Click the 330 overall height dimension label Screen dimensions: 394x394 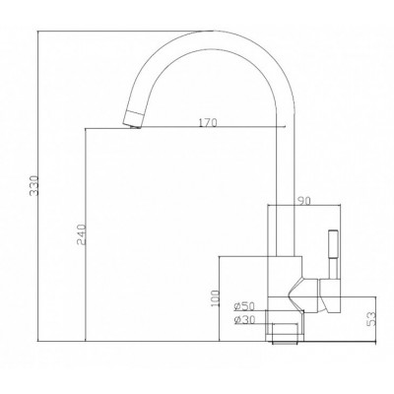coord(33,186)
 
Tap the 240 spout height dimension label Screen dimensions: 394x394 coord(81,234)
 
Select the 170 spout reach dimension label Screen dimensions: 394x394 coord(208,123)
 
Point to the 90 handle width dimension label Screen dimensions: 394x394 coord(304,201)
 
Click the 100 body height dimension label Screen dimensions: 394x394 coord(216,298)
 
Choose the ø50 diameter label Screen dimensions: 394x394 coord(244,306)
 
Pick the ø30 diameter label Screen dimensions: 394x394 coord(244,319)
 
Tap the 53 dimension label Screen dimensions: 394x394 coord(370,319)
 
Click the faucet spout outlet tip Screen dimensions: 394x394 coord(132,124)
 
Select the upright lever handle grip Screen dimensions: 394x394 coord(333,244)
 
